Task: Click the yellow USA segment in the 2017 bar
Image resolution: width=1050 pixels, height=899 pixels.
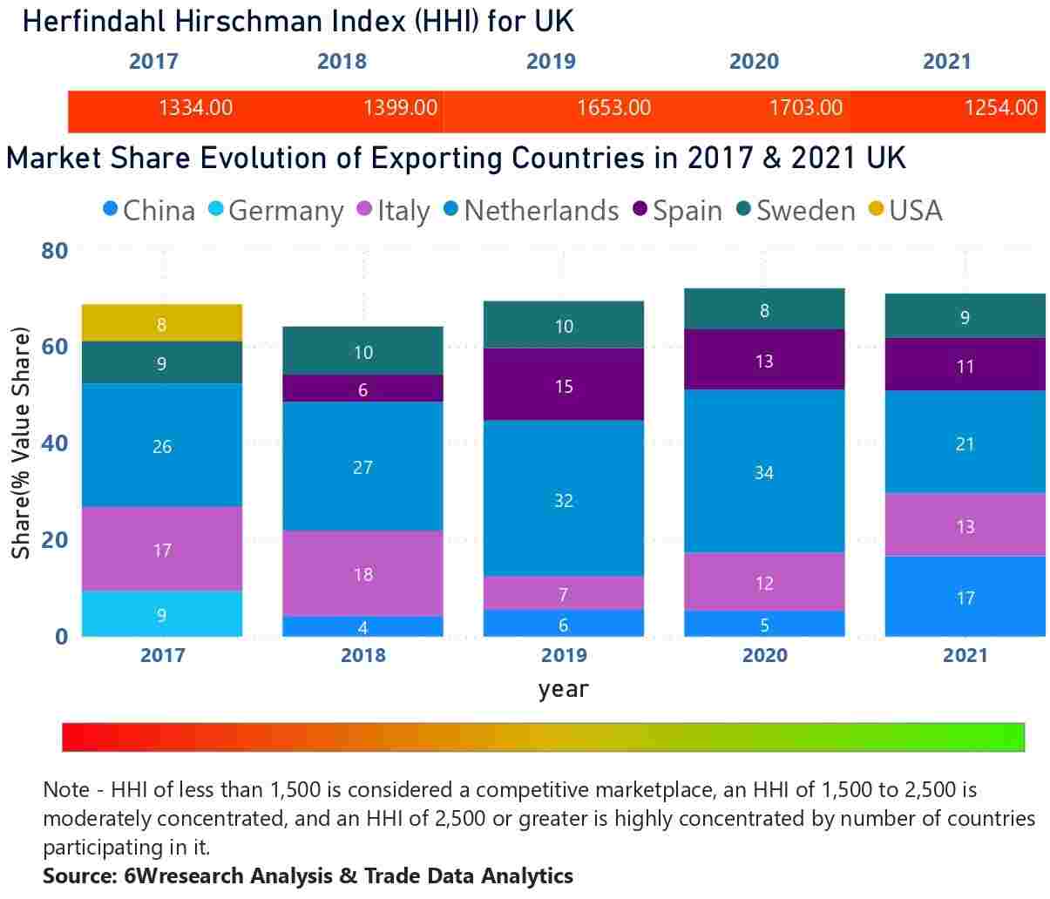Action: pos(161,323)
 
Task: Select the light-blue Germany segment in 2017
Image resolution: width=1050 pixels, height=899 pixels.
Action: pos(161,614)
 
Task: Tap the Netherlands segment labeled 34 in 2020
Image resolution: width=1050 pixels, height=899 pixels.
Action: pos(764,471)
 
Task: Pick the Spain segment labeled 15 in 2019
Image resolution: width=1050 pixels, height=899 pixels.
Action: pos(564,385)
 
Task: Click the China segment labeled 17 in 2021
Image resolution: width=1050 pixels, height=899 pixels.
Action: pos(965,597)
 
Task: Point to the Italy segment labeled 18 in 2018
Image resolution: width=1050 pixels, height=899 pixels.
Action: pos(362,573)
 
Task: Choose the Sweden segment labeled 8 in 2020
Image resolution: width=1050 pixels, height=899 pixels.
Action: pos(764,309)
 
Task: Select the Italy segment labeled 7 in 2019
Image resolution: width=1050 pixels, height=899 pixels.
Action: pos(564,593)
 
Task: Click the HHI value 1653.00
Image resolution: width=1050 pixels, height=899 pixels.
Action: pos(613,108)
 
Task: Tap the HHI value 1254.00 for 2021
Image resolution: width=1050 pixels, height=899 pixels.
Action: pos(1000,108)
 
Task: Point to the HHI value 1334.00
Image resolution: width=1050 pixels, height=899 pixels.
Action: pos(195,108)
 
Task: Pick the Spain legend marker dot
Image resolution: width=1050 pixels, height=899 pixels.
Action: pos(640,209)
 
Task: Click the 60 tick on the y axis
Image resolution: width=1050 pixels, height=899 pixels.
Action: pos(55,347)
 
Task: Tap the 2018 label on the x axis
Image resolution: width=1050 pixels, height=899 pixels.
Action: pos(362,655)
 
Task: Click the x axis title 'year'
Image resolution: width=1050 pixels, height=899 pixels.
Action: pos(563,689)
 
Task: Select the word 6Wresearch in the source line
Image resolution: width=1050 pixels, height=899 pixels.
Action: pos(179,875)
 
